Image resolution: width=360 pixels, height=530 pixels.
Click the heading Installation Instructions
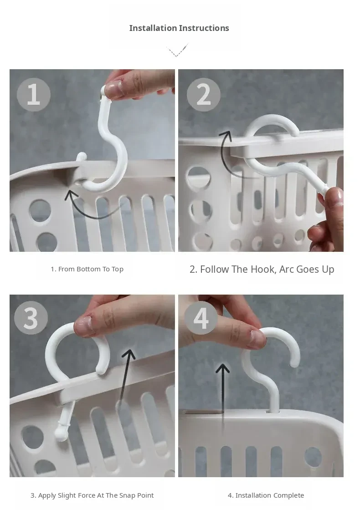[179, 28]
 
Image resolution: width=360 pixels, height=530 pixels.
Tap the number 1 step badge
[34, 94]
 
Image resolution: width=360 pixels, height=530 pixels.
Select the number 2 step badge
[203, 94]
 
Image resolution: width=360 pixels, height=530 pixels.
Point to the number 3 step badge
[31, 318]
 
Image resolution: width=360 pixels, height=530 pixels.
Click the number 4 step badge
[201, 318]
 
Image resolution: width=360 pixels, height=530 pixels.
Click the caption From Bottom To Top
[87, 269]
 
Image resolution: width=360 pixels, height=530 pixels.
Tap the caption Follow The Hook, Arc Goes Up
[262, 270]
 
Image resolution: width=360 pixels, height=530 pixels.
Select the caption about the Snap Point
[92, 495]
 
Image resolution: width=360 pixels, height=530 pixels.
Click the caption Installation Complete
[266, 495]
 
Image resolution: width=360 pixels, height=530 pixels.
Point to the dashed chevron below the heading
[177, 51]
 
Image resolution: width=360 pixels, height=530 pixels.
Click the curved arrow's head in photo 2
[226, 136]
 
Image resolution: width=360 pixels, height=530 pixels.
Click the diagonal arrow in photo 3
[125, 378]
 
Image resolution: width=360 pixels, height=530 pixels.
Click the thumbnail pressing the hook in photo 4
[257, 339]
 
